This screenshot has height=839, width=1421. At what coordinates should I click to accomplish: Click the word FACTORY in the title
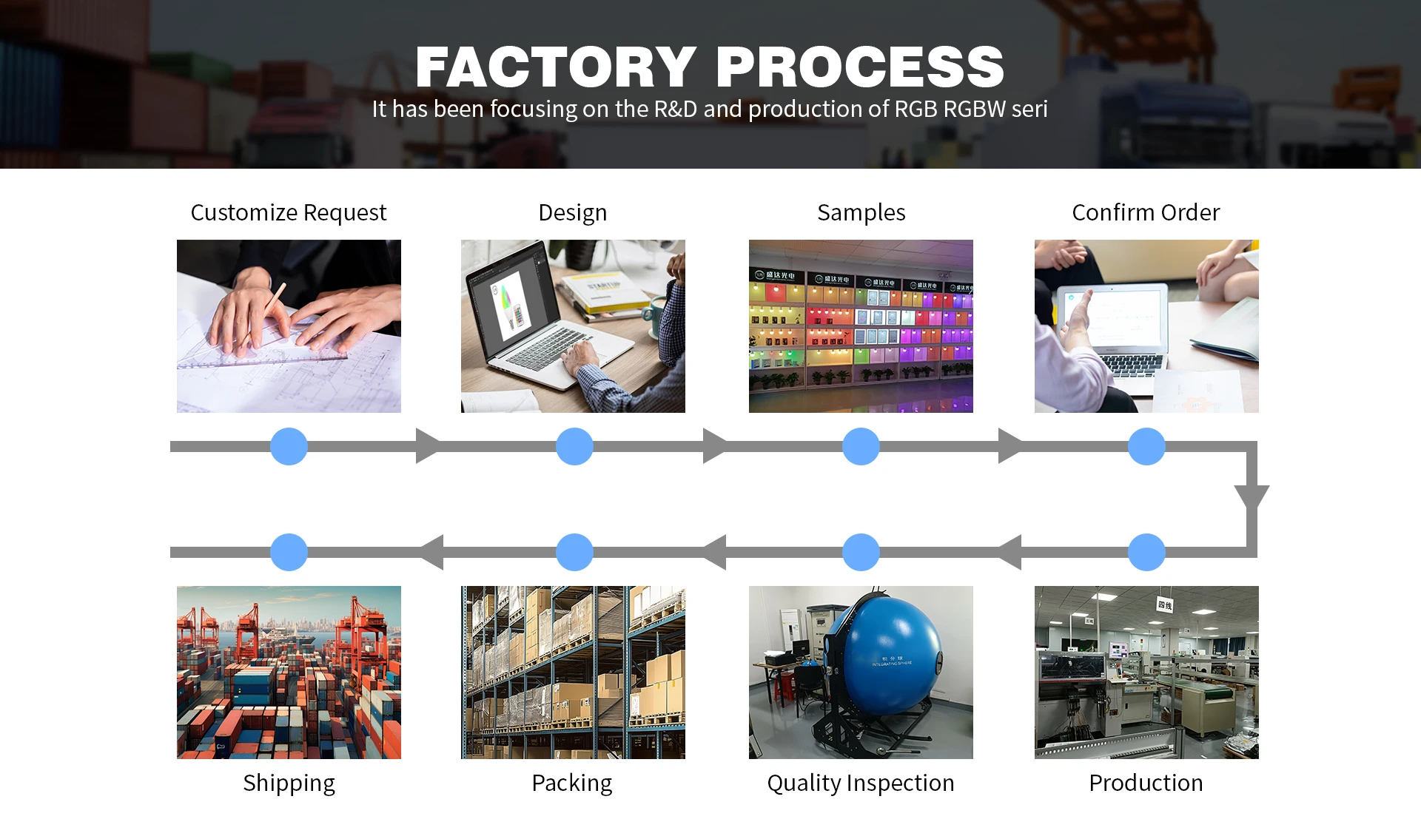(555, 67)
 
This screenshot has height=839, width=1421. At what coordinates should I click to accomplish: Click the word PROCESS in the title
(860, 67)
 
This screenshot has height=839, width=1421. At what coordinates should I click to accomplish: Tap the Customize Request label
(288, 213)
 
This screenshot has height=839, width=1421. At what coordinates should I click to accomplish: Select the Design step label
(572, 213)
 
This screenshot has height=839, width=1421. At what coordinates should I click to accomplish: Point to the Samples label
(861, 213)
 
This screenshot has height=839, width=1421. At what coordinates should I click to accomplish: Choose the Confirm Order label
(1146, 213)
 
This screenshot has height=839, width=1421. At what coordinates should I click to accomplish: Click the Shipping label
(289, 783)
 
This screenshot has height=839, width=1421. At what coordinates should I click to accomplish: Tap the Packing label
(571, 783)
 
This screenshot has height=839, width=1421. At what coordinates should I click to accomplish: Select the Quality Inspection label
(860, 783)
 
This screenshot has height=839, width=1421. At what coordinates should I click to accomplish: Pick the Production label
(1146, 783)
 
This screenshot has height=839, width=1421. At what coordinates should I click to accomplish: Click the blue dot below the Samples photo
(861, 446)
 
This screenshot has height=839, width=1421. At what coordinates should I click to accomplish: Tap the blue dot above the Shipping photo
(289, 552)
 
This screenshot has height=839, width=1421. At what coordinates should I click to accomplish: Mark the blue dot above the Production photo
(1146, 552)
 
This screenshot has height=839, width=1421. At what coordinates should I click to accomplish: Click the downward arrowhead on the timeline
(1252, 496)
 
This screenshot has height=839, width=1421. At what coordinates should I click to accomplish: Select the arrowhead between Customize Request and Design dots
(427, 446)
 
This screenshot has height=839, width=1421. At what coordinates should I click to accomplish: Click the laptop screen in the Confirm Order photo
(1114, 318)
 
